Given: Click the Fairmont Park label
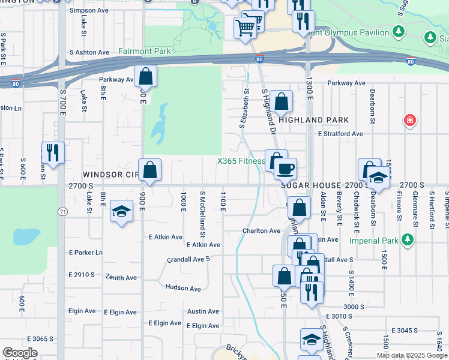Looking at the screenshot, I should coord(145,52).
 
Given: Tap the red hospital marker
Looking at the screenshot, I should coord(410,120).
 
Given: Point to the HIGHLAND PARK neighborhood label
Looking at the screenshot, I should coord(310,121).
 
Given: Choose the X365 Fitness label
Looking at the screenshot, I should coord(241,161).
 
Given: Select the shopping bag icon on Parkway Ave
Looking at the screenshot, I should coord(145,76).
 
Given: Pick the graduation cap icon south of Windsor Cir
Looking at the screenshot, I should coord(122,211).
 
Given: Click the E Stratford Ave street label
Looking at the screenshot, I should coord(340,134).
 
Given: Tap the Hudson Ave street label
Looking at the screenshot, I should coord(183,289).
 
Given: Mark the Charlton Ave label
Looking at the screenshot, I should coord(261,230).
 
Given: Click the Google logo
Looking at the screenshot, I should coord(20,353).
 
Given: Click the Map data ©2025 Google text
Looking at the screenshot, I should coord(411,355).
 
